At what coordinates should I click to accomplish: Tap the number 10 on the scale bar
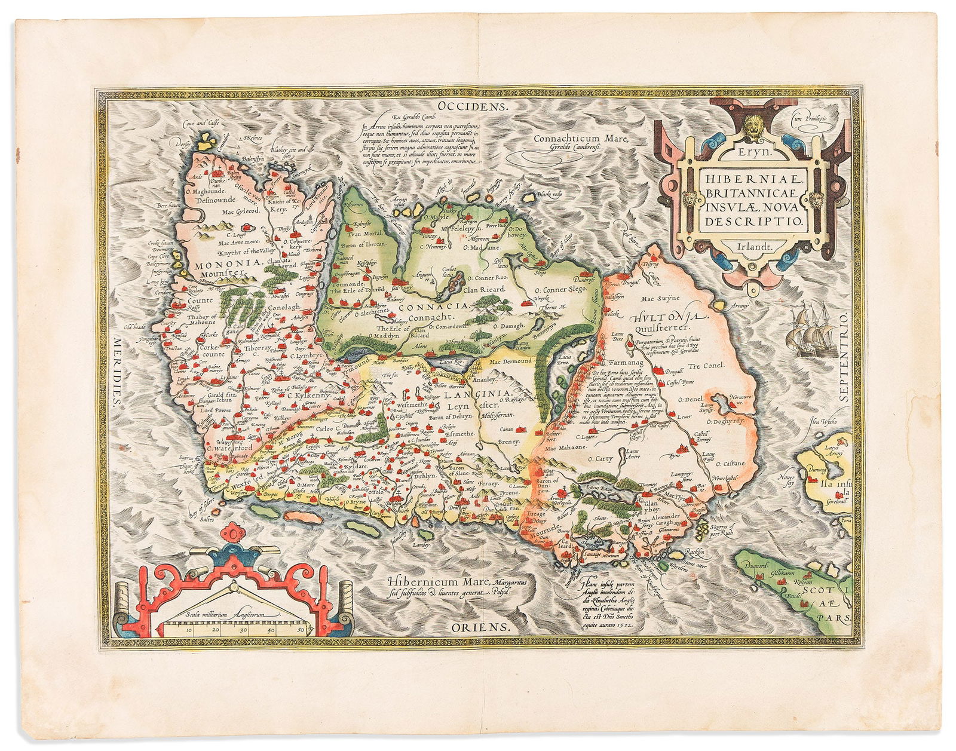pos(188,630)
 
